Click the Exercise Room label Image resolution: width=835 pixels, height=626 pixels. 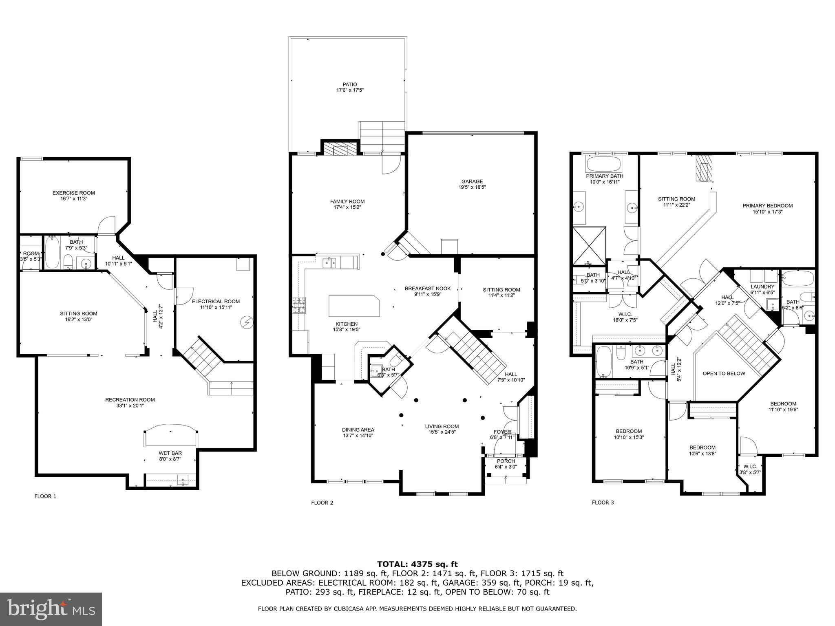pos(73,193)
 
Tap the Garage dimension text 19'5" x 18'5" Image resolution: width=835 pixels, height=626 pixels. pos(472,187)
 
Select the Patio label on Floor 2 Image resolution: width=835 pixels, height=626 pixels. pos(350,84)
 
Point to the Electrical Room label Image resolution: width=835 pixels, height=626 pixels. pos(216,302)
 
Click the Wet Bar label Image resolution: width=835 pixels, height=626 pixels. pos(170,453)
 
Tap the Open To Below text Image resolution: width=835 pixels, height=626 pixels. pos(724,373)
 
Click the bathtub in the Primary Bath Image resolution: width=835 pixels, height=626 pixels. pos(604,165)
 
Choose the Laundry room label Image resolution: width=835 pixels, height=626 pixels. pos(762,287)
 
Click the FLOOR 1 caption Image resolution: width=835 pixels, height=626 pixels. pos(45,496)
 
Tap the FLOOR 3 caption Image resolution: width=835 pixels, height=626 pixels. pos(603,503)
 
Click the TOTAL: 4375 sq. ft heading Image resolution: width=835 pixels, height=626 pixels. pos(417,564)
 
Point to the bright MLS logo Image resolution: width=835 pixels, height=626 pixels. pos(51,609)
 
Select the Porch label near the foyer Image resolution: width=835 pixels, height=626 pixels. pos(506,461)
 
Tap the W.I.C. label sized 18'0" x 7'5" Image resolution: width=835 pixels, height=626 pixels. pos(625,314)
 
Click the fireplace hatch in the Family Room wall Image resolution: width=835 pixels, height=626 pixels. pos(339,149)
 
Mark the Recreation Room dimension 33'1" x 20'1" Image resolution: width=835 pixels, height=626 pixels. pos(130,406)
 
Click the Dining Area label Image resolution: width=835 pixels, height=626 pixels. pos(358,430)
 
